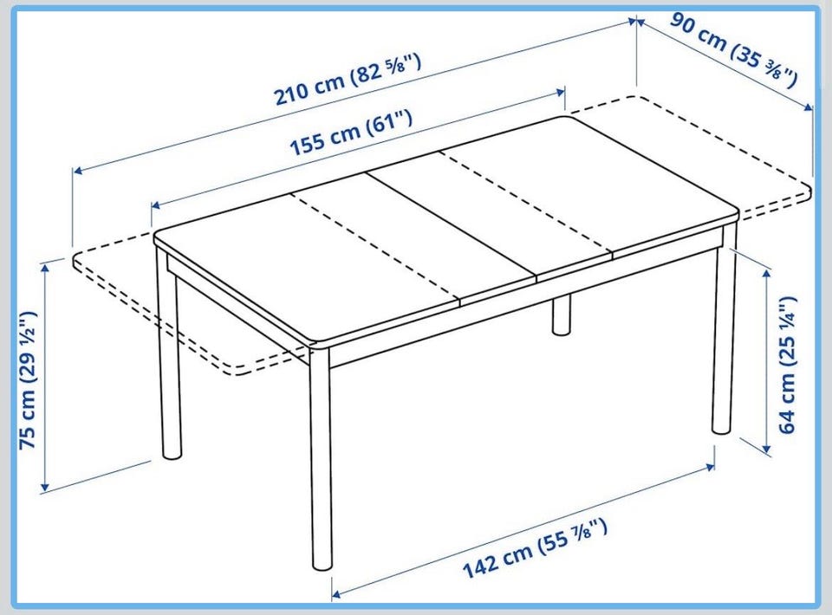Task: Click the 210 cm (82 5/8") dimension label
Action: click(348, 80)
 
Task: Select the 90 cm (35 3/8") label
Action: click(734, 49)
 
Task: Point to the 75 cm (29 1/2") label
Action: click(28, 379)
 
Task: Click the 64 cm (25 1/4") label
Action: click(789, 366)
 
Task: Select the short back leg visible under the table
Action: click(561, 315)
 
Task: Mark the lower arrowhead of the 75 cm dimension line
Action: click(45, 486)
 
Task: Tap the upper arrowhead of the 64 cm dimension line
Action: click(766, 274)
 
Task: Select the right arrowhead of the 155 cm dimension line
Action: click(560, 92)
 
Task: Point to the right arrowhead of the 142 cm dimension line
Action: click(710, 467)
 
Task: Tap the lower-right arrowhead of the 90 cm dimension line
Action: click(808, 107)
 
